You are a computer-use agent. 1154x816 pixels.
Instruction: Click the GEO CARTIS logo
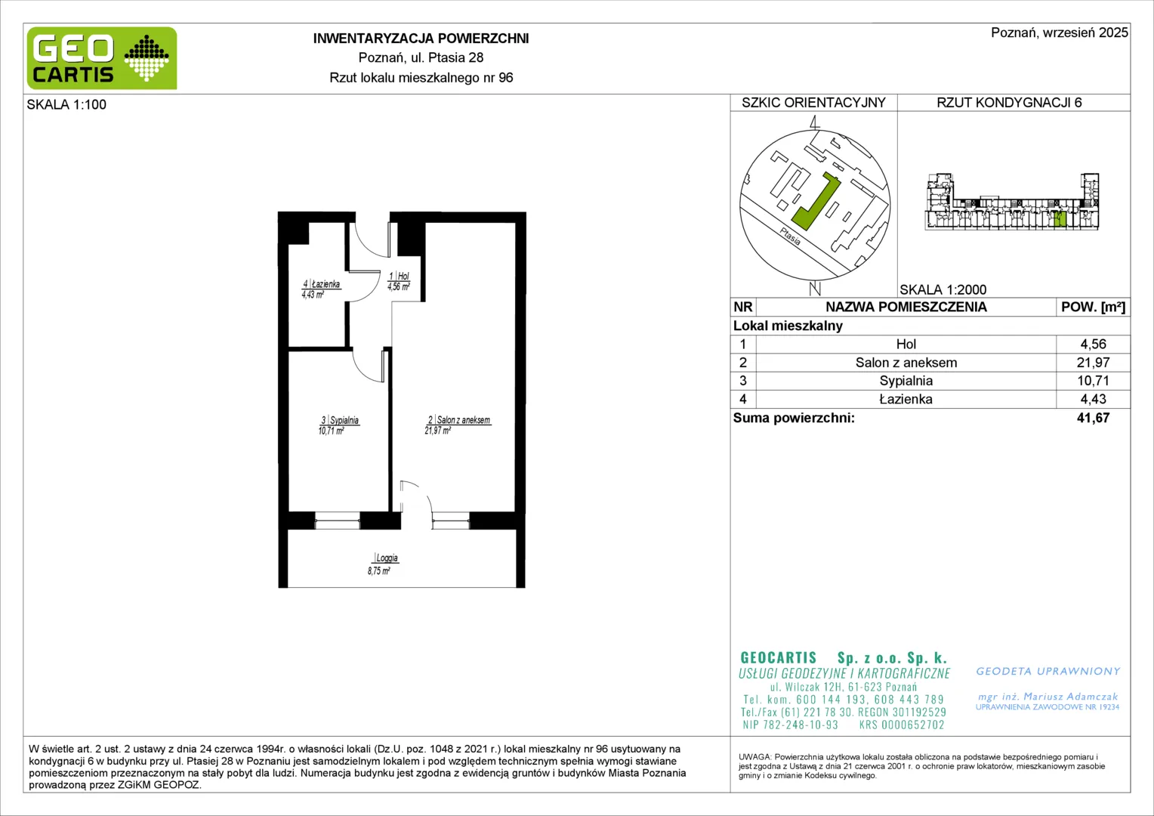tap(102, 58)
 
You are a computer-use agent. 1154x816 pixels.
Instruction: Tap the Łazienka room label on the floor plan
tap(326, 284)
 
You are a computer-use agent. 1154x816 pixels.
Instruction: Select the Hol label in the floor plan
tap(403, 277)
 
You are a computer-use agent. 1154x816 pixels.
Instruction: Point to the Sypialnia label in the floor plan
tap(344, 420)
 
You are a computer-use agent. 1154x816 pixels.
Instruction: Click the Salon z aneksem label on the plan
tap(463, 420)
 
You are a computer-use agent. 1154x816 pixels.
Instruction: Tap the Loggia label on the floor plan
tap(387, 558)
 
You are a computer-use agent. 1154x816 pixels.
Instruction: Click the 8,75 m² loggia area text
tap(378, 570)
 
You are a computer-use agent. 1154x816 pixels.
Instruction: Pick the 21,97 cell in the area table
tap(1093, 363)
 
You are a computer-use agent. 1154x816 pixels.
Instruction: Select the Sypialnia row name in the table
tap(906, 380)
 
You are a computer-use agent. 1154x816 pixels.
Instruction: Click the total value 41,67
tap(1093, 418)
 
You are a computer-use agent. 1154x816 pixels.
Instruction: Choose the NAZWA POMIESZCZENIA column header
tap(906, 307)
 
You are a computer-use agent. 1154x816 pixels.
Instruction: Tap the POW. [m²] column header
tap(1093, 307)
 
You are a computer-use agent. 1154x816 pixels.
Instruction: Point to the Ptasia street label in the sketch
tap(790, 236)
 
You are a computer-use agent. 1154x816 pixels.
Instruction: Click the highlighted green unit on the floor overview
tap(1060, 219)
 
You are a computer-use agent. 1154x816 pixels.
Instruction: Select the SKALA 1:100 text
tap(66, 104)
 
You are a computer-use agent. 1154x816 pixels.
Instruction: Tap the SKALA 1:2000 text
tap(943, 289)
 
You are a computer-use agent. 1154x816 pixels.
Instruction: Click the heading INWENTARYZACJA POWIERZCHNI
tap(421, 39)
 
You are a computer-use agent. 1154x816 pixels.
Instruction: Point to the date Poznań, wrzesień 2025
tap(1059, 32)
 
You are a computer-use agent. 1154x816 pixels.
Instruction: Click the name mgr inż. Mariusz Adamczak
tap(1048, 697)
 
